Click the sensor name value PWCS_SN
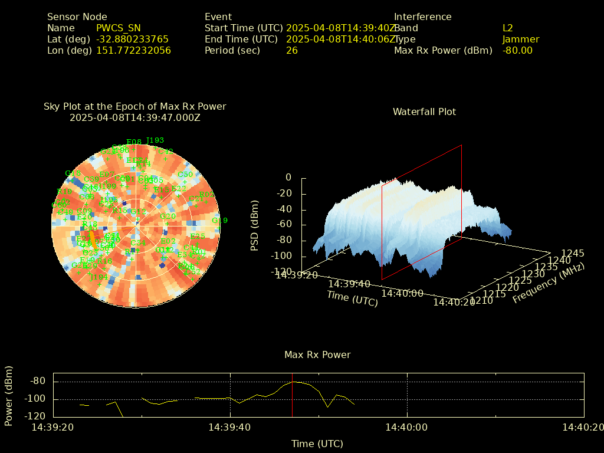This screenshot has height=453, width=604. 119,28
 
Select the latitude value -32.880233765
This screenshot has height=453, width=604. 132,39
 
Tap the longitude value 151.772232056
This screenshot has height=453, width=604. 133,50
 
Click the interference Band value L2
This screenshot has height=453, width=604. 508,28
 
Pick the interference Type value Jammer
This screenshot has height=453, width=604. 521,39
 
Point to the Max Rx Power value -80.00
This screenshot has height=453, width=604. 517,50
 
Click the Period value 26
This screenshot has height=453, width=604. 292,50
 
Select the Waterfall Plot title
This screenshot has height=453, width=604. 424,111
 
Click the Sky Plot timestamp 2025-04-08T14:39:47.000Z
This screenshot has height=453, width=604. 135,117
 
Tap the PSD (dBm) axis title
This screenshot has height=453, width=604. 255,224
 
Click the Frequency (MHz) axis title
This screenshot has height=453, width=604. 548,283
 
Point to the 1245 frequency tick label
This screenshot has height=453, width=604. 573,253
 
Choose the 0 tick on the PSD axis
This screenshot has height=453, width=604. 288,177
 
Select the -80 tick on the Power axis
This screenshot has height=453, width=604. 38,381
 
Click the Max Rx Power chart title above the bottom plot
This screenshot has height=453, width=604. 317,354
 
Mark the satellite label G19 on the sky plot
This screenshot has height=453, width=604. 219,221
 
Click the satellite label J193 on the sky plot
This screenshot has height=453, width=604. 155,140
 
